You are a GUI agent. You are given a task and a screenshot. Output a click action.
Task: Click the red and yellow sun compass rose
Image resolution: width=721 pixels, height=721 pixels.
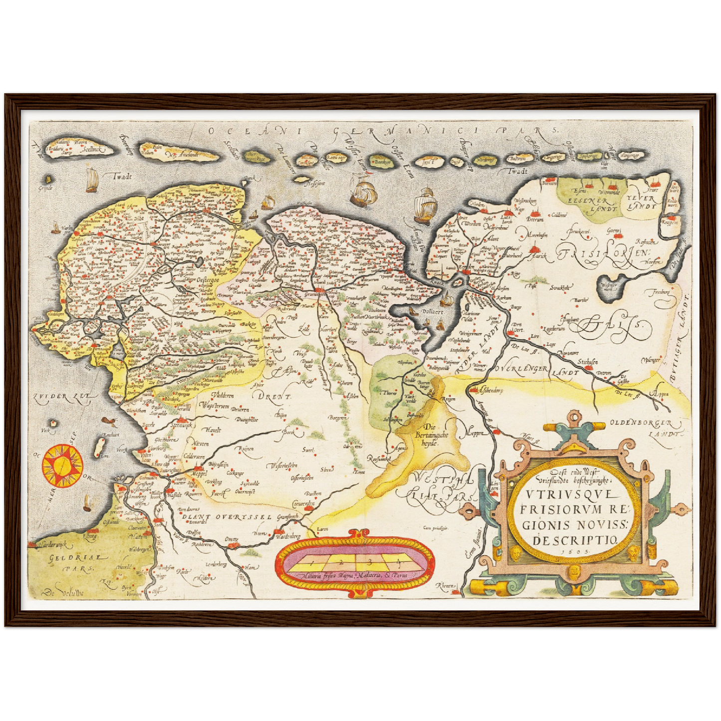tap(62, 466)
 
